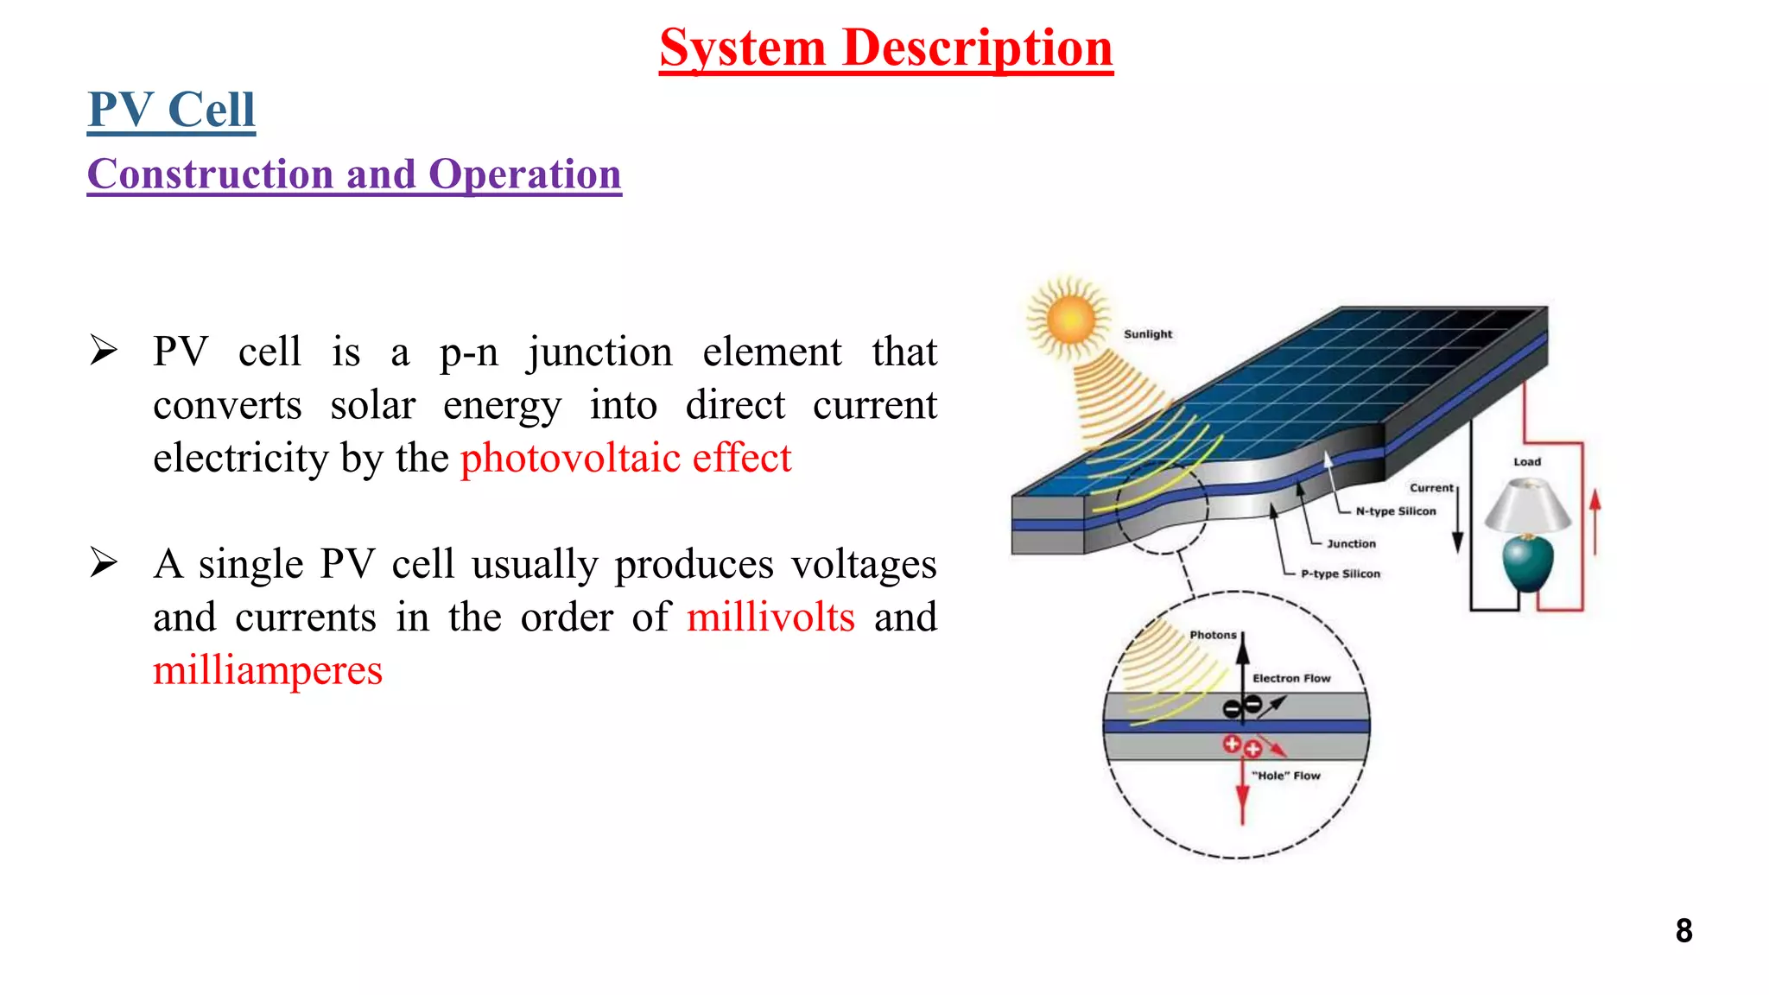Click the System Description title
885,48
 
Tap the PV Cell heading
171,110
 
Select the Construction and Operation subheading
354,174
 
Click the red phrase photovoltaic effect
625,458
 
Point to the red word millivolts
770,617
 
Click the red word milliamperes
268,670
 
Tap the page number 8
1683,930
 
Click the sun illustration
1069,319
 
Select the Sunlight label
1148,334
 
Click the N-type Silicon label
1395,511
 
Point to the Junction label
1351,544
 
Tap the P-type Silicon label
1341,574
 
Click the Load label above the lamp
1527,462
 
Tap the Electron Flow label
1291,679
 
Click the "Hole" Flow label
1286,776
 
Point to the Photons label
1213,635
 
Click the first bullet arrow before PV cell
104,351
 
